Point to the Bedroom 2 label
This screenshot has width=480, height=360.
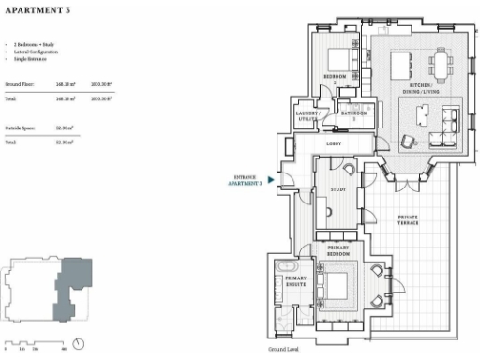tap(336, 77)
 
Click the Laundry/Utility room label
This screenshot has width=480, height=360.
tap(307, 116)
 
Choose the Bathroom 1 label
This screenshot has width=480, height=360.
tap(355, 114)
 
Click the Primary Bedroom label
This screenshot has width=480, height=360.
tap(337, 252)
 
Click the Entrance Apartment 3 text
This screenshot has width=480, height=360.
tap(247, 180)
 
